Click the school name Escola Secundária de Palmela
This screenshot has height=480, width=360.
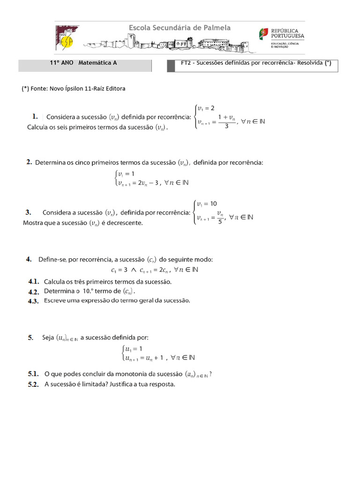pyautogui.click(x=180, y=28)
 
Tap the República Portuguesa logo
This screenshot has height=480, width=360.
pyautogui.click(x=281, y=37)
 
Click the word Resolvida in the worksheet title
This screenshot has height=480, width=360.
pyautogui.click(x=309, y=63)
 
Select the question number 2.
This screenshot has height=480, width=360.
pyautogui.click(x=29, y=162)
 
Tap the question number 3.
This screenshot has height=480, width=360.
pyautogui.click(x=28, y=212)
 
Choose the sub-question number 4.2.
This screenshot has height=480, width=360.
pyautogui.click(x=33, y=291)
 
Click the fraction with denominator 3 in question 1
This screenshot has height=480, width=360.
pyautogui.click(x=226, y=122)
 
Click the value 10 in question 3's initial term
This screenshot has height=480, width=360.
pyautogui.click(x=213, y=204)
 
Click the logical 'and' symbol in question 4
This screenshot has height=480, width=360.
pyautogui.click(x=133, y=270)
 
